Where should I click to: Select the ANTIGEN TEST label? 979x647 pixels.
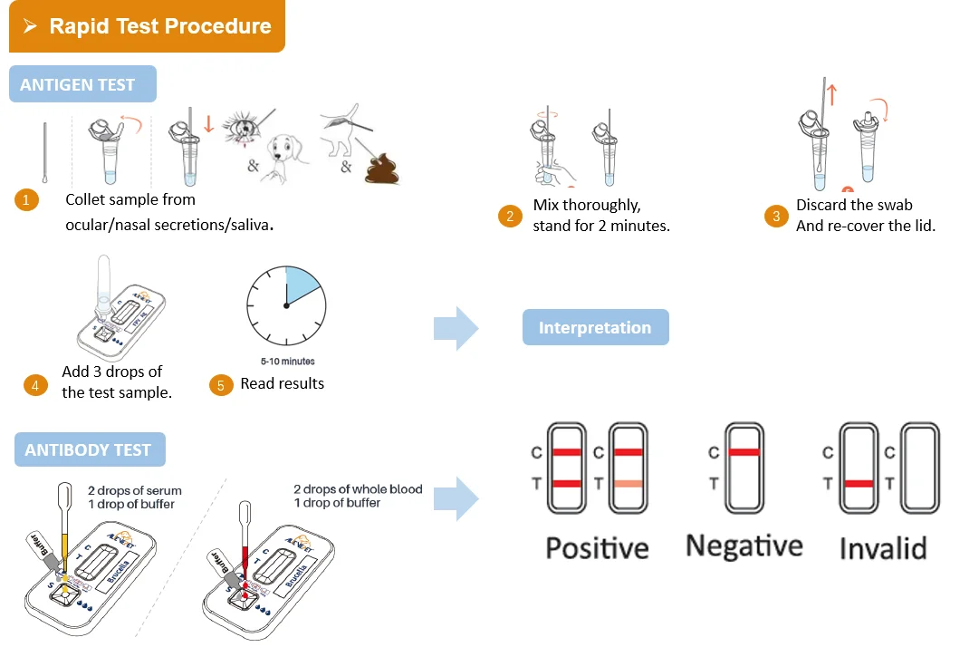coord(78,84)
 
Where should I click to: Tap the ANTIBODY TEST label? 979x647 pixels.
coord(89,449)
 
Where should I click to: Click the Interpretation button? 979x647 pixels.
coord(595,327)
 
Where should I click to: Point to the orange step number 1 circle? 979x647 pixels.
coord(26,200)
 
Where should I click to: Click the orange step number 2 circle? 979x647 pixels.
coord(510,216)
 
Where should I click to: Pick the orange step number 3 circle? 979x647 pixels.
coord(775,216)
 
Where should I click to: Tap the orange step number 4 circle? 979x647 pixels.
coord(35,385)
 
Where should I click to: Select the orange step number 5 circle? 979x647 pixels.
coord(220,385)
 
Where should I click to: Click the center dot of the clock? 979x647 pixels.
coord(286,305)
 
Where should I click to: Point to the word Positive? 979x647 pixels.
coord(597,547)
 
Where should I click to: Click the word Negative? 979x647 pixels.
coord(744,546)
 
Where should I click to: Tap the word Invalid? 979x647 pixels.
coord(882,548)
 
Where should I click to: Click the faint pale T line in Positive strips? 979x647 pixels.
coord(628,484)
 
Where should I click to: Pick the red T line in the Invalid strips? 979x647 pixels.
coord(859,484)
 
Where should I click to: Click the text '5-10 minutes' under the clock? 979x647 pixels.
coord(285,361)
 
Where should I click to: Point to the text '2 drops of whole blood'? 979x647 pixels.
coord(358,489)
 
